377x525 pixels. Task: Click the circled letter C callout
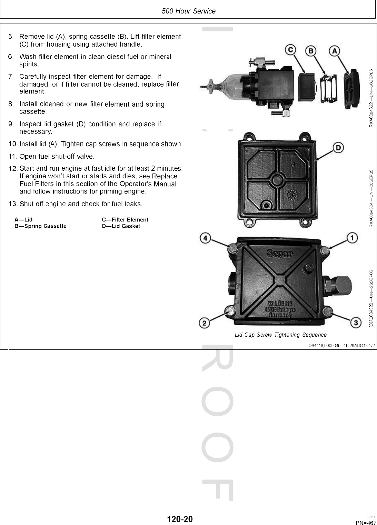[290, 50]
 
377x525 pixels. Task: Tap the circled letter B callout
[311, 51]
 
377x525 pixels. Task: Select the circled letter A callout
[334, 51]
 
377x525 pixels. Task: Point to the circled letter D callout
[338, 148]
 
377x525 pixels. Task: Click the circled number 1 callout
[352, 238]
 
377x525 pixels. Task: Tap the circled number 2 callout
[205, 323]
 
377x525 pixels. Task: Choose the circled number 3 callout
[356, 323]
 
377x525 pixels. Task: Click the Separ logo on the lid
[280, 254]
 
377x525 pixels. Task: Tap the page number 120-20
[180, 519]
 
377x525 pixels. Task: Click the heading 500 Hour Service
[189, 11]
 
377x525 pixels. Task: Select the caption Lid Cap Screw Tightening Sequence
[280, 335]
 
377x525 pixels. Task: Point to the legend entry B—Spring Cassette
[40, 226]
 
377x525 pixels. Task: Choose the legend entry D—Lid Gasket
[121, 226]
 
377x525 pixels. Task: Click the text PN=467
[366, 523]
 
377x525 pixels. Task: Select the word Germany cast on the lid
[280, 315]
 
